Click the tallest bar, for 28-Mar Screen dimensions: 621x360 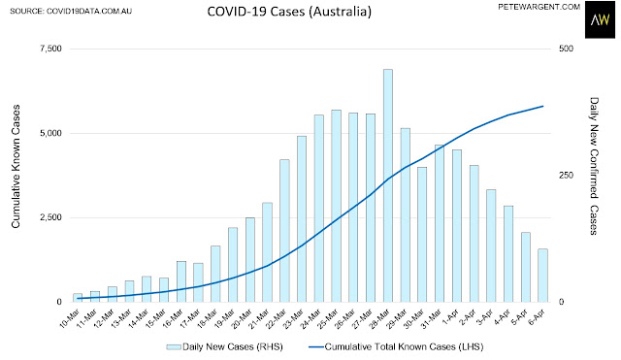(x=388, y=185)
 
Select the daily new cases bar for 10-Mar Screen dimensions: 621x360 (x=78, y=298)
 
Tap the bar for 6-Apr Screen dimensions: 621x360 (x=542, y=276)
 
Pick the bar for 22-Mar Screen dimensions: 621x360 (x=284, y=231)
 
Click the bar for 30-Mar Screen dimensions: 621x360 (x=422, y=235)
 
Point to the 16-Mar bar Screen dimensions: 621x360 (x=181, y=281)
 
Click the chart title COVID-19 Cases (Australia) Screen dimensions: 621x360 (x=289, y=11)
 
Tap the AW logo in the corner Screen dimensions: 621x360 (x=600, y=19)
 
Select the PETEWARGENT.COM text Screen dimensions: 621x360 (x=539, y=7)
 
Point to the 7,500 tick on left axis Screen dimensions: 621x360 (x=51, y=49)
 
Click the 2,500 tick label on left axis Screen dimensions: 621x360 (x=51, y=217)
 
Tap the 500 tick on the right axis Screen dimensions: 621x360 (x=566, y=49)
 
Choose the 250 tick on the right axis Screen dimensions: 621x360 (x=566, y=175)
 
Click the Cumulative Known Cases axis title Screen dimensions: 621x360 (x=16, y=166)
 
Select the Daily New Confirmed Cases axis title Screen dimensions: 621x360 (x=594, y=166)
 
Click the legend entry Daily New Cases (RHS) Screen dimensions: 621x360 (x=224, y=347)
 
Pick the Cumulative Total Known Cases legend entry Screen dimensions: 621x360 (x=396, y=347)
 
